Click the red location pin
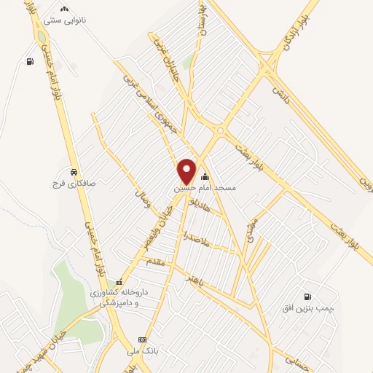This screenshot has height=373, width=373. (187, 170)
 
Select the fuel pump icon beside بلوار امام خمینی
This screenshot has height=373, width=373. (29, 62)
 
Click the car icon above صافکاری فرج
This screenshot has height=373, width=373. (74, 172)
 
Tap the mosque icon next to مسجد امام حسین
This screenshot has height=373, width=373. (205, 176)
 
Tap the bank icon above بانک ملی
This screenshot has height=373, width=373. (142, 340)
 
